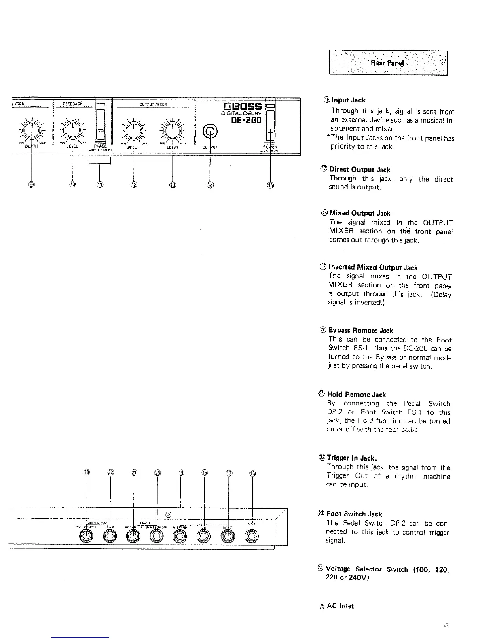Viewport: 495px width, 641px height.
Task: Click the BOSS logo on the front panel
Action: [242, 107]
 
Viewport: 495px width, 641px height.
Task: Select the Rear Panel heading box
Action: [388, 63]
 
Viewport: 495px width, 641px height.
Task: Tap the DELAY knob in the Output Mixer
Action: [173, 130]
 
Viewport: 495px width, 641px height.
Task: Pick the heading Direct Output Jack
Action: [360, 170]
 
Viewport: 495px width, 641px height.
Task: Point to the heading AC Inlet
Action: [340, 606]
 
